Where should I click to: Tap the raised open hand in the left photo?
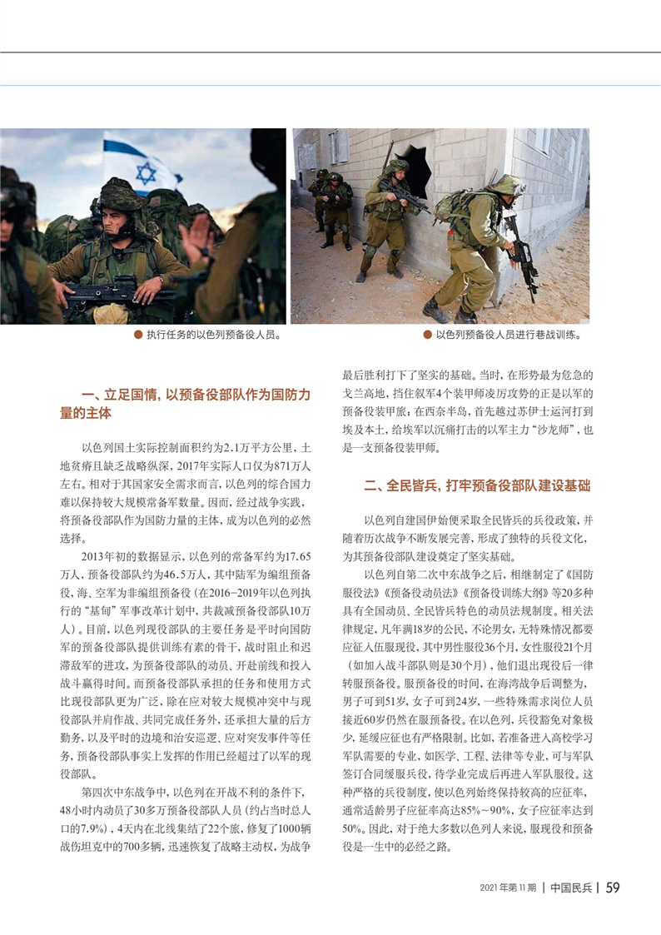pos(196,238)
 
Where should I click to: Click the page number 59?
pos(612,888)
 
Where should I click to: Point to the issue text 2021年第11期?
pos(508,888)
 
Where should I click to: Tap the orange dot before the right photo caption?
pos(427,336)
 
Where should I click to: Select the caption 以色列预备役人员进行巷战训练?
pos(508,336)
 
